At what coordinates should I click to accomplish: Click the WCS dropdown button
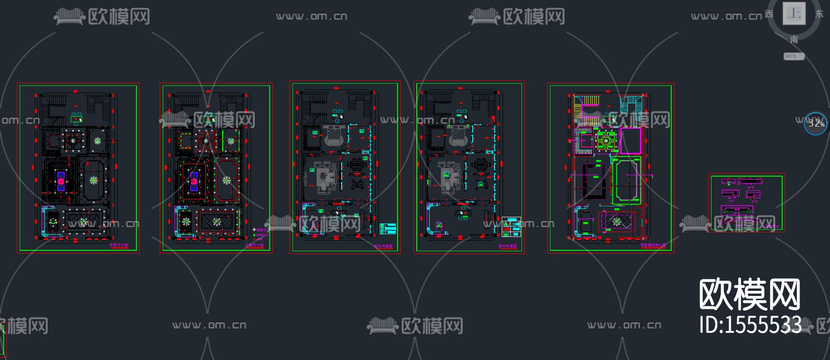794,56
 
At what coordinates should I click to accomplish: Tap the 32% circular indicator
816,124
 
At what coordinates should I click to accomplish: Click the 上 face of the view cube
794,13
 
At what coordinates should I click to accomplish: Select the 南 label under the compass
794,40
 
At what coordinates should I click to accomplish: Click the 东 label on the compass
819,14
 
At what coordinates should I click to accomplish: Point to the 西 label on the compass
769,14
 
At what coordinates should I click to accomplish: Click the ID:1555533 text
750,325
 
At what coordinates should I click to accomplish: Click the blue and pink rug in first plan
60,181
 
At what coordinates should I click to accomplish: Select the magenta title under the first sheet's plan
119,246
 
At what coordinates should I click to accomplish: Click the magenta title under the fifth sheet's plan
653,246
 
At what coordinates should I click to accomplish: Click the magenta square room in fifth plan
630,141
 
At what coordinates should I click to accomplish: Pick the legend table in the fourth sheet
511,227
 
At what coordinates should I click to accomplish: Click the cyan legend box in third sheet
387,229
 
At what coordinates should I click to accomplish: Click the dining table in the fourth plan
480,164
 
